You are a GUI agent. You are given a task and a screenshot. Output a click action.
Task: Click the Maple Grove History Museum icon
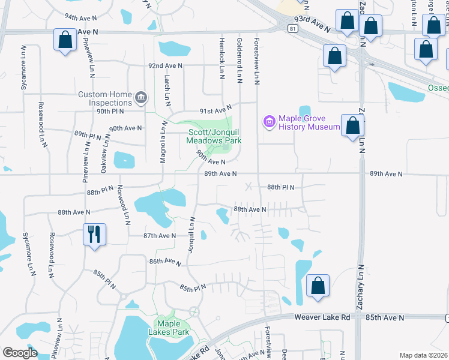tap(269, 122)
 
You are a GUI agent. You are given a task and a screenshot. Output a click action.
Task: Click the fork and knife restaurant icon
tap(94, 233)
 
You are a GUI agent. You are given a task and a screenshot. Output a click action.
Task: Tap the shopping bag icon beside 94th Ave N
tap(65, 41)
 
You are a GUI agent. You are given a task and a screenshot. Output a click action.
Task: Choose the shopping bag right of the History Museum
tap(353, 126)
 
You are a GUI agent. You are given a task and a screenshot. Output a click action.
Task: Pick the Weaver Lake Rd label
tap(322, 316)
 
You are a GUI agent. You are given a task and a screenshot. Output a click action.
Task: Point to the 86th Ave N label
tap(165, 262)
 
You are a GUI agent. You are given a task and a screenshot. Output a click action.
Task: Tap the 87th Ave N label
tap(159, 236)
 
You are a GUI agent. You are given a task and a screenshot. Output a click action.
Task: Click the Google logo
tap(20, 353)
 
